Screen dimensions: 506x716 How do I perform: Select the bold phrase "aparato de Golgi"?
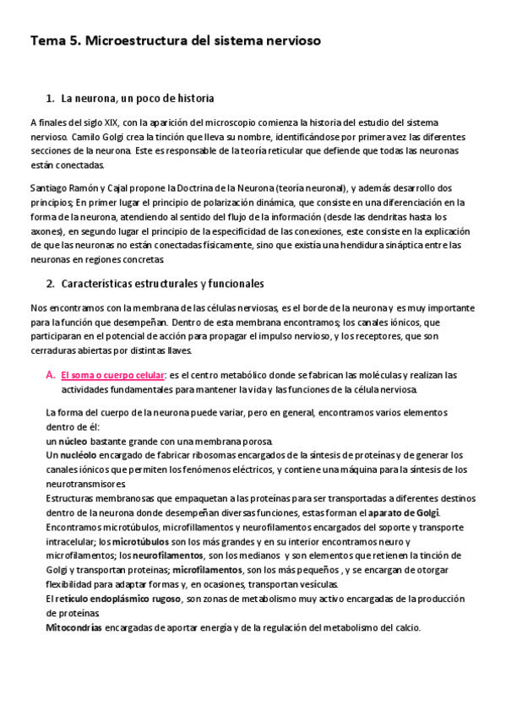point(410,513)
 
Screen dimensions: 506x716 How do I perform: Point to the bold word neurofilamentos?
point(168,556)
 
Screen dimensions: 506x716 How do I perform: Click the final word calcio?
point(404,627)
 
